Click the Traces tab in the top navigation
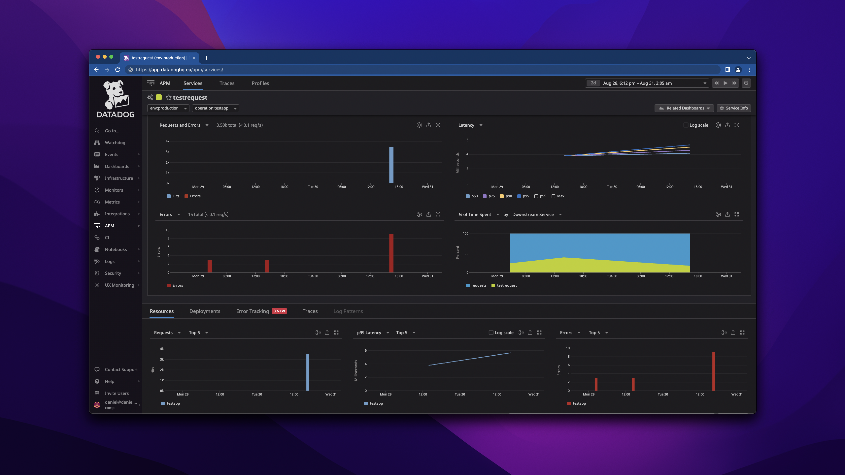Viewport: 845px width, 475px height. click(x=227, y=83)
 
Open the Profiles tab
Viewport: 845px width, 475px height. click(x=260, y=83)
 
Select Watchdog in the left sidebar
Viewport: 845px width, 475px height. click(x=115, y=143)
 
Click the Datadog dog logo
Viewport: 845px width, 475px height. click(x=116, y=95)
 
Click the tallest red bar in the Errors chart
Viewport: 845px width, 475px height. click(x=391, y=253)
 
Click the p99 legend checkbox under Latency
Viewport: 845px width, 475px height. click(x=536, y=196)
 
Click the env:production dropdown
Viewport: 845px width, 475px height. click(x=168, y=108)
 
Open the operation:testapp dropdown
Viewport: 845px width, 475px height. click(x=215, y=108)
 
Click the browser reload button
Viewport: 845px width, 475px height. click(x=118, y=69)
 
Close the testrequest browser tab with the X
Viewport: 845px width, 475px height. click(x=194, y=58)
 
